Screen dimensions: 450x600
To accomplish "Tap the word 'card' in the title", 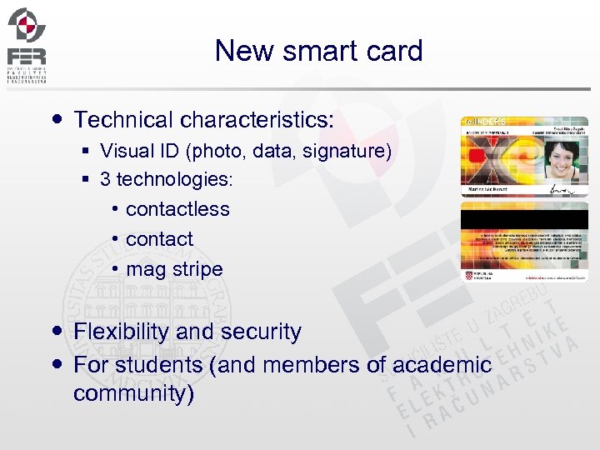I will point(396,51).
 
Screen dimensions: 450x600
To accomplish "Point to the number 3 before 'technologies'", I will point(105,179).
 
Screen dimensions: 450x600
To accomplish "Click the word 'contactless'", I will point(177,209).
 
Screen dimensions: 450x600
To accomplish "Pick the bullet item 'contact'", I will point(159,239).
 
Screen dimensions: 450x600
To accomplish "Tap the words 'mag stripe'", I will point(174,270).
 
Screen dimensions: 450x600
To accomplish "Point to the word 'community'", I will point(133,393).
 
